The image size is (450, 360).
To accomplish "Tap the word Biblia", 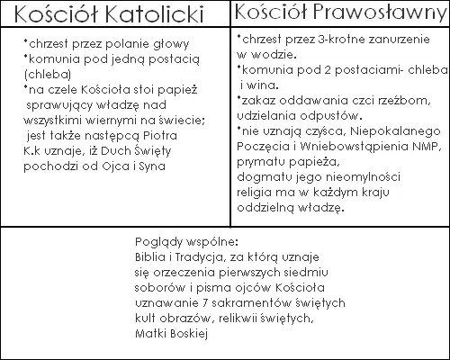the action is tap(147, 256).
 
